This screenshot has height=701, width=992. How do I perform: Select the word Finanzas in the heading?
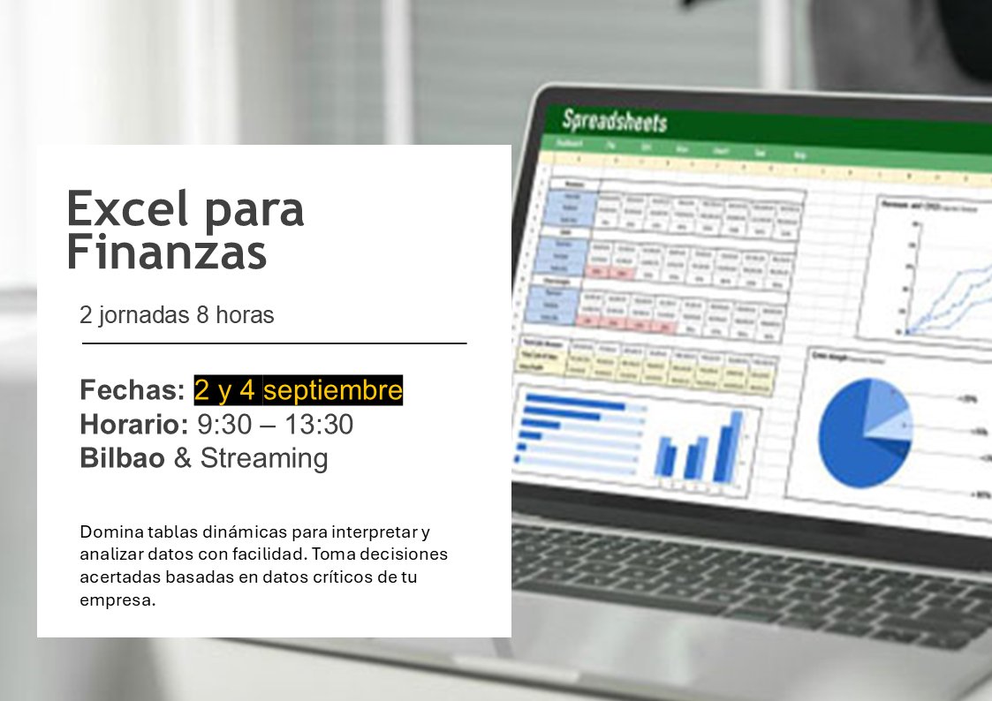(x=166, y=253)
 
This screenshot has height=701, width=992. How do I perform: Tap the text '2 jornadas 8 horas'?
(x=177, y=315)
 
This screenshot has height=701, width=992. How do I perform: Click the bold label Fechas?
(x=133, y=389)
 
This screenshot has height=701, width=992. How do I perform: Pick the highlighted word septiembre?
(x=333, y=389)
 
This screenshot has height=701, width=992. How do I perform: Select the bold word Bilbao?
(x=122, y=458)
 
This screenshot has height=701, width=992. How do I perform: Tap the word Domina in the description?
(x=107, y=532)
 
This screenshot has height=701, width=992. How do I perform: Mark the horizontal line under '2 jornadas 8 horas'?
(x=274, y=343)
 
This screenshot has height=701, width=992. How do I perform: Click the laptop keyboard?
(x=751, y=574)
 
